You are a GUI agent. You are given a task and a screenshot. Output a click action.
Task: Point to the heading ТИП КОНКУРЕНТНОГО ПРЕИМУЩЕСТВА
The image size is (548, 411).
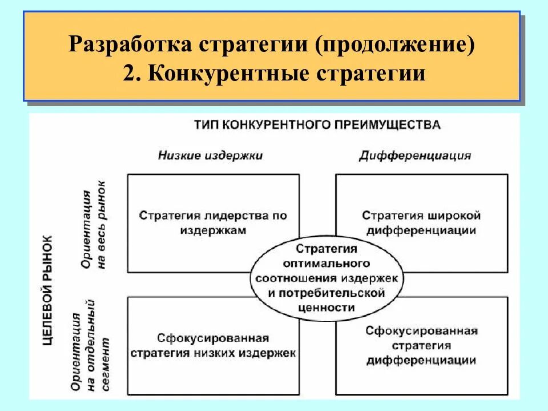click(317, 124)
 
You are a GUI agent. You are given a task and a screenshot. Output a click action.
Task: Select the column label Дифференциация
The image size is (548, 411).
click(415, 155)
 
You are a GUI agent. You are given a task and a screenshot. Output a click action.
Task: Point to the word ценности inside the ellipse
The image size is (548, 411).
click(327, 307)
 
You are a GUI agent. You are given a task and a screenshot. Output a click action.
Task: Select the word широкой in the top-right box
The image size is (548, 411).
click(453, 216)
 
